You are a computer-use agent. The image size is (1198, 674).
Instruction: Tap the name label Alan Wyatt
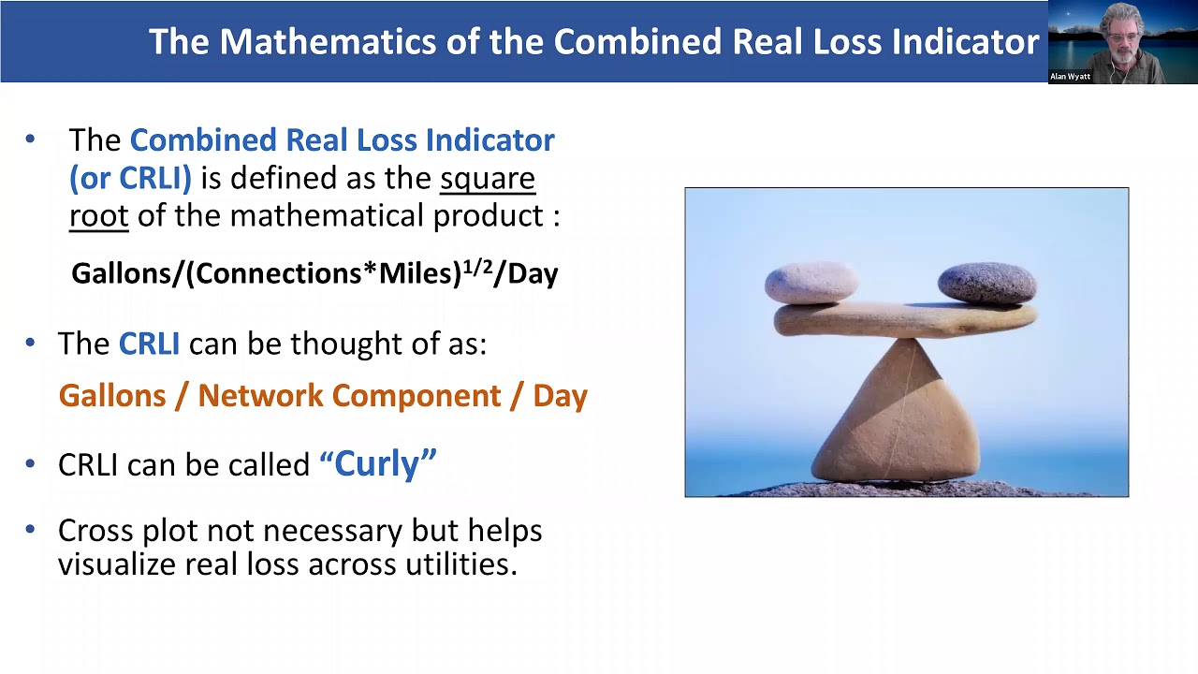(1070, 77)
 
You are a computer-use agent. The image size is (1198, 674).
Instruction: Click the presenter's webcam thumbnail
(1122, 42)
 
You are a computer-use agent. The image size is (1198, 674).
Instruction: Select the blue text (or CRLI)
(130, 178)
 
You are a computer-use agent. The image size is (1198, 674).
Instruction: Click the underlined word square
(488, 178)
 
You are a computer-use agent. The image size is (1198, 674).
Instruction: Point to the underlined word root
(98, 216)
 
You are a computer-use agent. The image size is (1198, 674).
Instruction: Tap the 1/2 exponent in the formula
(477, 265)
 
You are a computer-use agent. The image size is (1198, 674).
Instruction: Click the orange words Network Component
(347, 395)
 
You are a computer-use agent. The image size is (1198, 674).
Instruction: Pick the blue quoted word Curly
(378, 463)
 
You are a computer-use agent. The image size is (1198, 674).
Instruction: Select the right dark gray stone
(986, 283)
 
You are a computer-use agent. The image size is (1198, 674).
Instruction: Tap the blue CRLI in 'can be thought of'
(149, 344)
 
